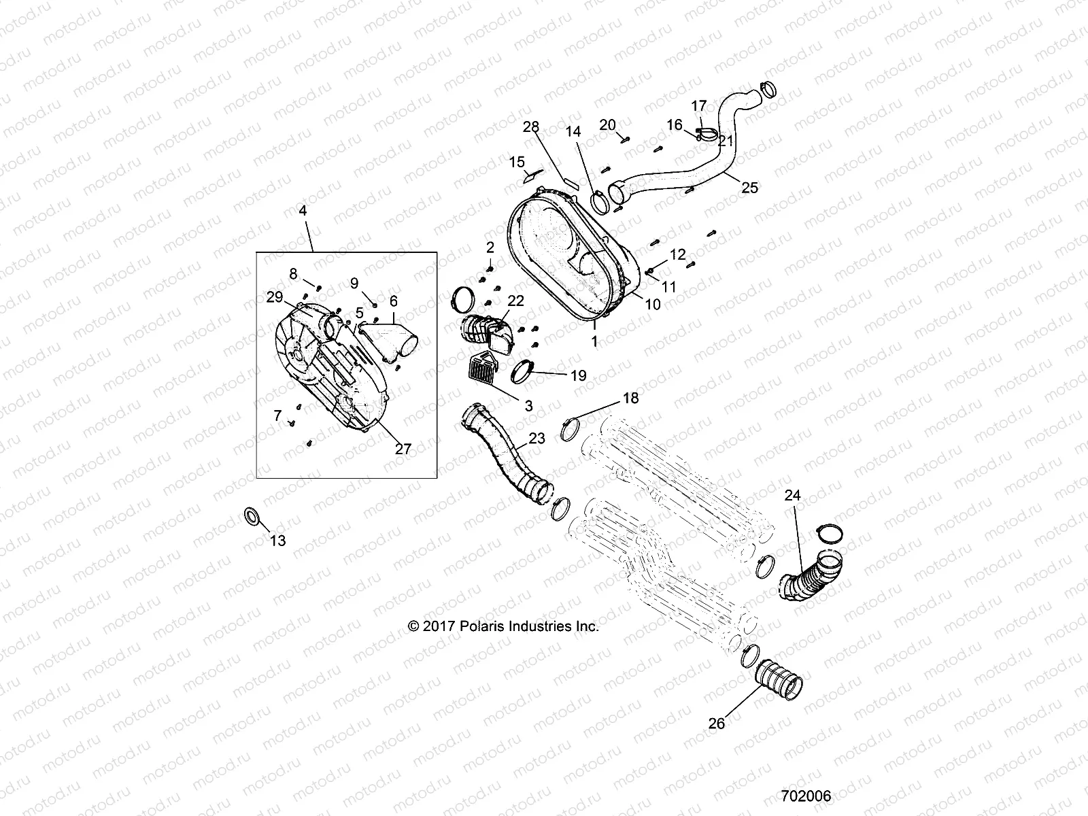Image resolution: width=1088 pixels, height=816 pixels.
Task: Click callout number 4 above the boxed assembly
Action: click(x=303, y=211)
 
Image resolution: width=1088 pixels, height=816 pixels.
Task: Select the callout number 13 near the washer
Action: click(x=278, y=541)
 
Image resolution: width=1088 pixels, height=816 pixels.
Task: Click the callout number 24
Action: click(x=793, y=496)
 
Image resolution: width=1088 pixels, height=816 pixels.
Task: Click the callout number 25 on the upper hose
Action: click(x=749, y=188)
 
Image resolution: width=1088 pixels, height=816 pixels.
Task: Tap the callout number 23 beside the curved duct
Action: click(x=537, y=439)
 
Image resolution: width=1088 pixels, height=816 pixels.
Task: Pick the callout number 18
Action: click(x=631, y=398)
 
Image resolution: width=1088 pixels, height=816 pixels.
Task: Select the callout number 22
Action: click(x=516, y=301)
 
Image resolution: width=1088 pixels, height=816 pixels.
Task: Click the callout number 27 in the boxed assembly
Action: click(x=403, y=449)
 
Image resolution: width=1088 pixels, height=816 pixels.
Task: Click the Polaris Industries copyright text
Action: click(x=503, y=626)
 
